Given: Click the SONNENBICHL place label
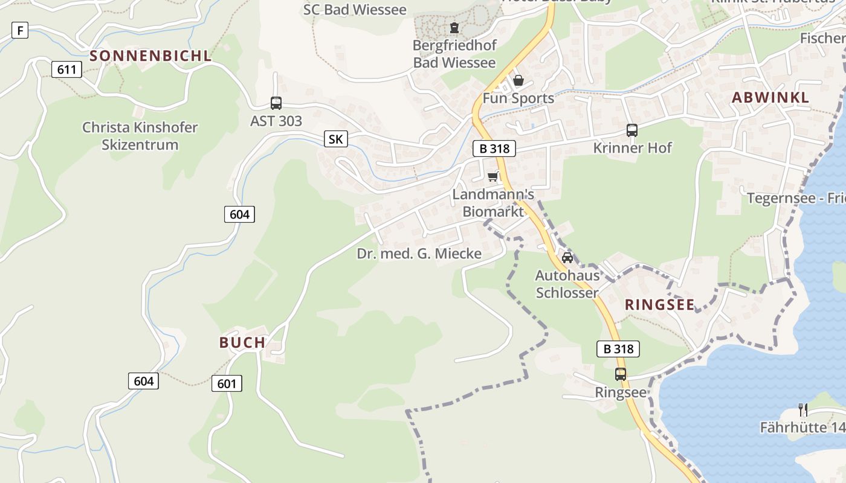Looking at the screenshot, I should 150,56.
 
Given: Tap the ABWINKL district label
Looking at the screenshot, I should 770,98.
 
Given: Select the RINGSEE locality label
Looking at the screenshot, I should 660,304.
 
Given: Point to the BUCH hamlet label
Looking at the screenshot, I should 242,343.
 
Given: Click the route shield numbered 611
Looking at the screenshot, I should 66,69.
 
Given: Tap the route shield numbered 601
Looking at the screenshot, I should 227,383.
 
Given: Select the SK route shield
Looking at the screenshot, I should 335,139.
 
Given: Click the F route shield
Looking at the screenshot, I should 20,30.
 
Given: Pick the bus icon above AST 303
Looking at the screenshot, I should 276,103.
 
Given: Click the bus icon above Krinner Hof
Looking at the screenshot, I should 632,130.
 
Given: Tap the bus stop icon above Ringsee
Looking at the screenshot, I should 621,374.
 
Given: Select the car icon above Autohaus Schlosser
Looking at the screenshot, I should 567,258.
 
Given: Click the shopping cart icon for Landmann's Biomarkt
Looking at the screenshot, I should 493,177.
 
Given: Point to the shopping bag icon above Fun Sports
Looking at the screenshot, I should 518,81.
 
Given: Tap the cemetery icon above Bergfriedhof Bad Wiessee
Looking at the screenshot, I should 454,28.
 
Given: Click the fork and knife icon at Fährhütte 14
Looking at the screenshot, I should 803,410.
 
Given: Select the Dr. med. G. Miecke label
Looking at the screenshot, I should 419,254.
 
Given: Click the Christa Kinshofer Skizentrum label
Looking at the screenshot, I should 140,136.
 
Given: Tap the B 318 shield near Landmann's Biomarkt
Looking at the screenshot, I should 494,149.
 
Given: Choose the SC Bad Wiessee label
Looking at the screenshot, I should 355,9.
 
